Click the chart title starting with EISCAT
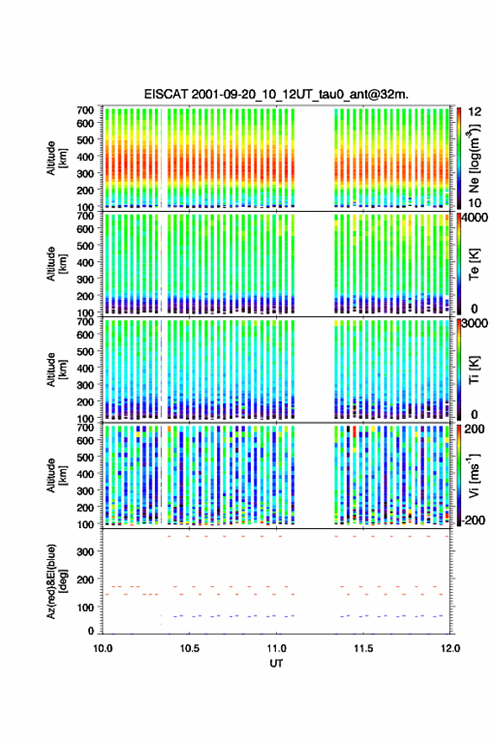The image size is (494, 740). [276, 94]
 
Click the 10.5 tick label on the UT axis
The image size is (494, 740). [189, 648]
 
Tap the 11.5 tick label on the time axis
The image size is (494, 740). [364, 648]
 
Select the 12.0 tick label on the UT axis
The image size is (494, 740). [450, 648]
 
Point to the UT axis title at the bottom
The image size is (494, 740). [276, 663]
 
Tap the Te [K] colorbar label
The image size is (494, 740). [475, 264]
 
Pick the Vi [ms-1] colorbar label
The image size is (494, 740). [475, 475]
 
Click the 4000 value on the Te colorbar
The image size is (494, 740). [474, 218]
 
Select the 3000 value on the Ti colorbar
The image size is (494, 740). [474, 323]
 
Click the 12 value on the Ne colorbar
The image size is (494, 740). [475, 112]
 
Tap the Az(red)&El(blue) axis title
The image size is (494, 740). [56, 581]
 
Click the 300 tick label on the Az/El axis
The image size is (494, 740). [85, 552]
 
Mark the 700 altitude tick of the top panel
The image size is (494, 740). [85, 109]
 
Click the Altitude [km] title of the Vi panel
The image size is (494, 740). [56, 475]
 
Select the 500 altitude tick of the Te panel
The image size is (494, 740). [85, 246]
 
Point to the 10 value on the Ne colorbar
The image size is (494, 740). [475, 203]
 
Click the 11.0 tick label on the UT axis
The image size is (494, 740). [276, 648]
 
